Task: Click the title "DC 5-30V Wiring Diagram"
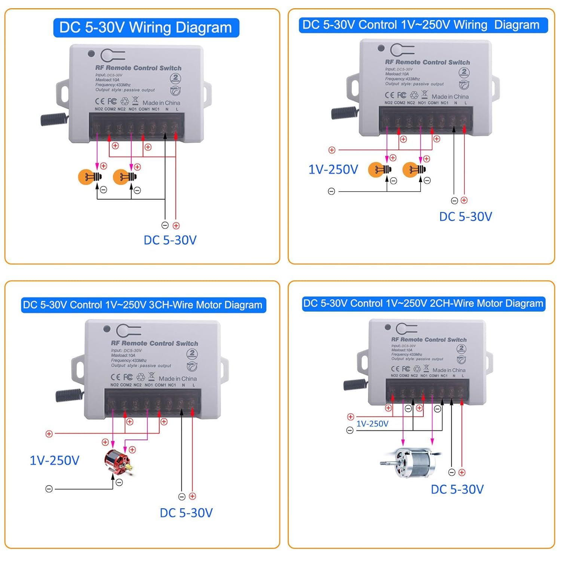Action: coord(146,28)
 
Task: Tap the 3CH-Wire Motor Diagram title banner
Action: coord(143,305)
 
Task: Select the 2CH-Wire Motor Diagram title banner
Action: coord(423,303)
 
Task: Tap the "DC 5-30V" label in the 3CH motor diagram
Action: coord(186,513)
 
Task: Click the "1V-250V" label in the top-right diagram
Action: coord(333,170)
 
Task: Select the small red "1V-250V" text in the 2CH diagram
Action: coord(372,424)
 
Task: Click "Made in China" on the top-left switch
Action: coord(161,103)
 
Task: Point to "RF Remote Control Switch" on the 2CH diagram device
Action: coord(429,340)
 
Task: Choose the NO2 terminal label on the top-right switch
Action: coord(389,103)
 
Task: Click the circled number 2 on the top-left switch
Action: coord(175,78)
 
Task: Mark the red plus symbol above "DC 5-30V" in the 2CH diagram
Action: coord(462,472)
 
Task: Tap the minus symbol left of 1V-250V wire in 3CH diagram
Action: coord(49,489)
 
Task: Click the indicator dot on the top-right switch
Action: coord(381,48)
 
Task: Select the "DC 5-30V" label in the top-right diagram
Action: coord(466,217)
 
